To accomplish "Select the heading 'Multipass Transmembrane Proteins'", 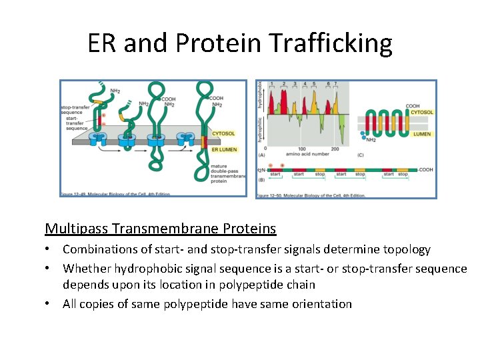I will [x=160, y=229].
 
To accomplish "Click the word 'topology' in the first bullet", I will [x=405, y=249].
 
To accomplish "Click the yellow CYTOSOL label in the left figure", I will [x=223, y=134].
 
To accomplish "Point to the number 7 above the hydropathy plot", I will [x=336, y=84].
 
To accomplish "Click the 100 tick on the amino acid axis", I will [x=301, y=149].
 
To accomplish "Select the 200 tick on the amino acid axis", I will [x=335, y=149].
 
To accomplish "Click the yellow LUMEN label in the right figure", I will [x=421, y=134].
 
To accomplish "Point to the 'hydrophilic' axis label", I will [x=259, y=131].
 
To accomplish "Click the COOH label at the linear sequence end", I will [x=425, y=169].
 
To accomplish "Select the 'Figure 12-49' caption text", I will [x=106, y=194].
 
